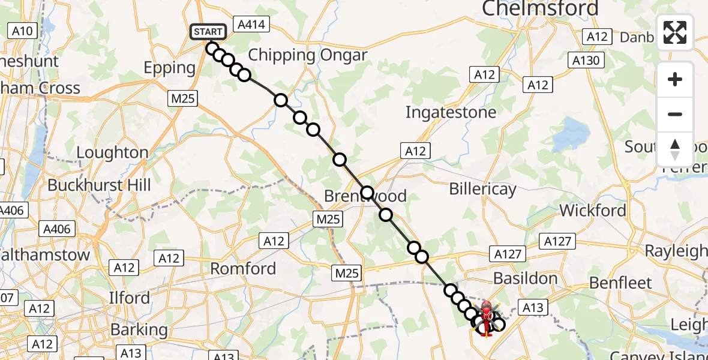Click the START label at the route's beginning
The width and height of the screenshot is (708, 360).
click(x=208, y=31)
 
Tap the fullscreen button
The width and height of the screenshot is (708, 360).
click(x=675, y=32)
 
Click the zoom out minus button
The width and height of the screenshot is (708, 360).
click(x=675, y=114)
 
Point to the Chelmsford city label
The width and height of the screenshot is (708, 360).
click(x=540, y=8)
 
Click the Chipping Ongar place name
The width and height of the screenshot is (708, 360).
click(x=307, y=55)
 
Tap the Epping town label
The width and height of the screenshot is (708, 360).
click(x=170, y=68)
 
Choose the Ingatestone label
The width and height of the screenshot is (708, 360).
click(x=451, y=112)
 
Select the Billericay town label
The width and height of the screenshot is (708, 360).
click(x=482, y=189)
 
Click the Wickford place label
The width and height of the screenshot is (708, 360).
click(x=592, y=210)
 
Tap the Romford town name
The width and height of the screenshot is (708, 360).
click(x=243, y=268)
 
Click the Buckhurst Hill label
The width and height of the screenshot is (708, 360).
click(x=99, y=185)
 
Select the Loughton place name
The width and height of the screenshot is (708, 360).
click(x=112, y=152)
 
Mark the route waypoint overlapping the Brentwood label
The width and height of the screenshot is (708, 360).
click(x=367, y=194)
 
